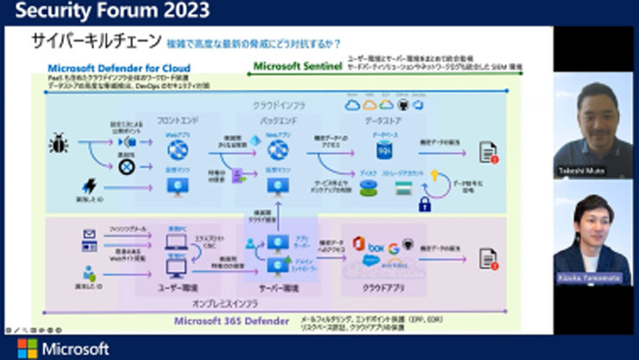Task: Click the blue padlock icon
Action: [x=425, y=205]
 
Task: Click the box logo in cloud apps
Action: [x=376, y=248]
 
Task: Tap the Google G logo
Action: [x=393, y=249]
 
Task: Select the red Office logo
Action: [x=358, y=243]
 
